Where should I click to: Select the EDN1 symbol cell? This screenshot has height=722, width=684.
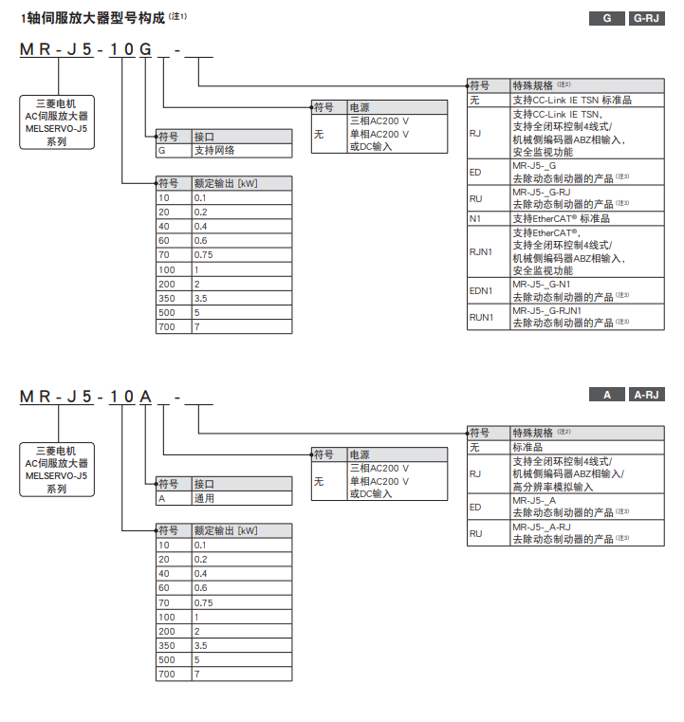pyautogui.click(x=482, y=290)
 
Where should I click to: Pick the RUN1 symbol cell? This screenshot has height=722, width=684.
pyautogui.click(x=482, y=317)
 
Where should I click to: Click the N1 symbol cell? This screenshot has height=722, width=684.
pyautogui.click(x=476, y=218)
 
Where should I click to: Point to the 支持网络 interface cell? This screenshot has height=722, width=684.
pyautogui.click(x=215, y=150)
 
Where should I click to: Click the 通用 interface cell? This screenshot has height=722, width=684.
pyautogui.click(x=205, y=498)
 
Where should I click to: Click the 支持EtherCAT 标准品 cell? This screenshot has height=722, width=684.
pyautogui.click(x=561, y=218)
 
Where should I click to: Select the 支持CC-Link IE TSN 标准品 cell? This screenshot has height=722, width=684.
pyautogui.click(x=572, y=99)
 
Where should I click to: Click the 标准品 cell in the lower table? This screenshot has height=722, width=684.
pyautogui.click(x=527, y=447)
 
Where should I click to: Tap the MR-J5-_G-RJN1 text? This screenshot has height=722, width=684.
pyautogui.click(x=547, y=310)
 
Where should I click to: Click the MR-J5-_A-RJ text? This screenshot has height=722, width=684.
pyautogui.click(x=542, y=527)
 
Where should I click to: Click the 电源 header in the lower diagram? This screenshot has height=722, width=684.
pyautogui.click(x=360, y=454)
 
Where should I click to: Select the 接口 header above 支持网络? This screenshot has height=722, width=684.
pyautogui.click(x=204, y=136)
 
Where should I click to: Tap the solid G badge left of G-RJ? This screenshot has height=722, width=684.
pyautogui.click(x=606, y=19)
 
